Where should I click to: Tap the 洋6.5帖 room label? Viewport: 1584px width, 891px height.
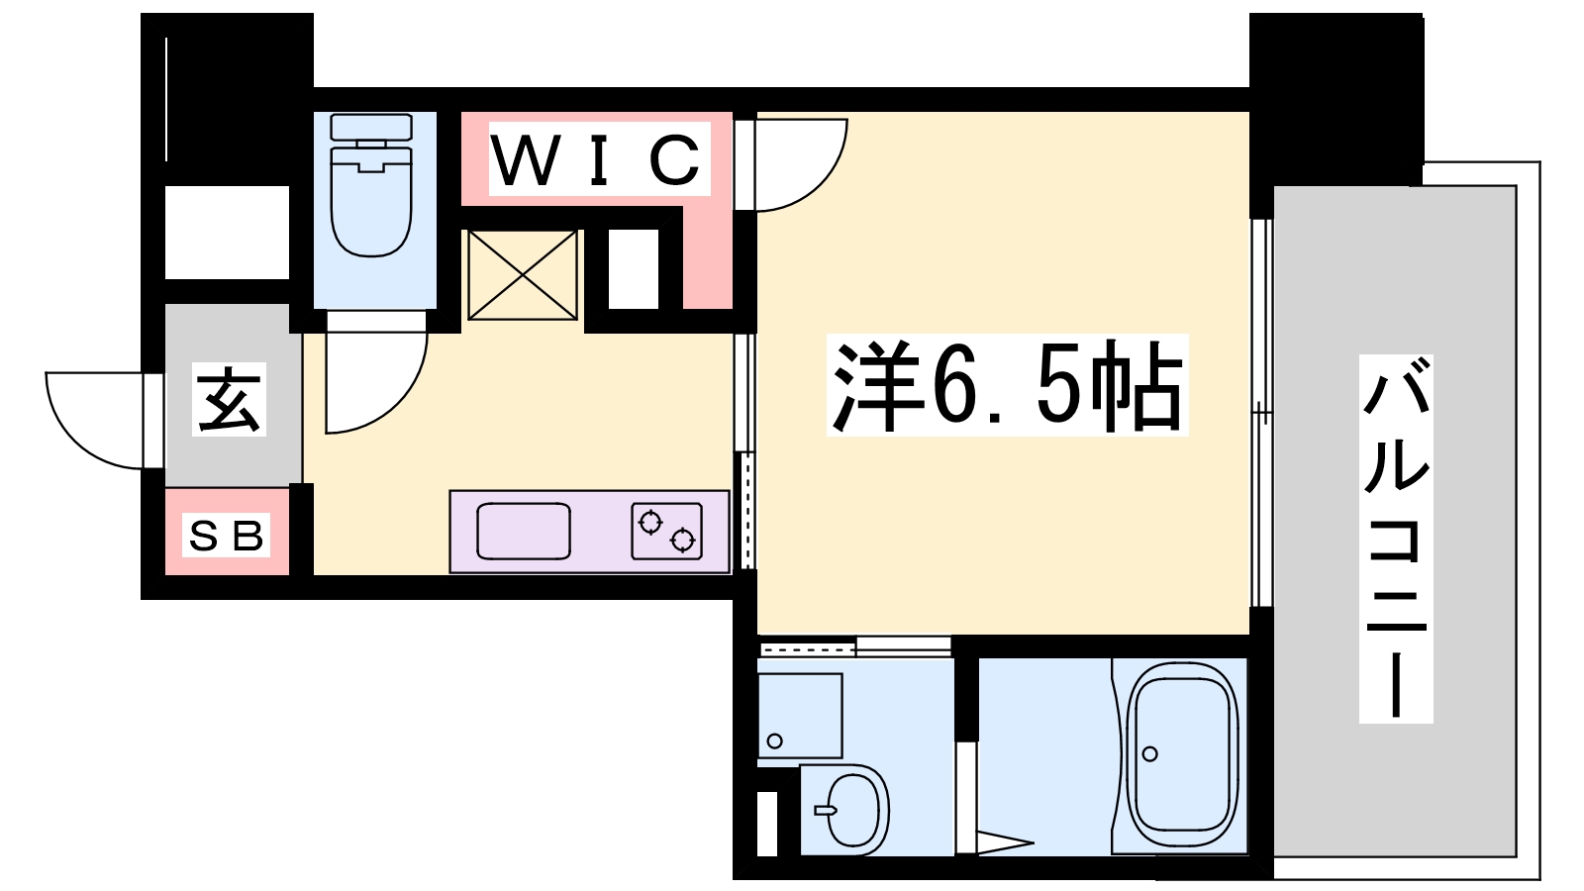(1007, 385)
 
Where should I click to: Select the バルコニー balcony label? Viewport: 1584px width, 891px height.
(1395, 539)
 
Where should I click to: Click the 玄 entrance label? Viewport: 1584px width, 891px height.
(229, 399)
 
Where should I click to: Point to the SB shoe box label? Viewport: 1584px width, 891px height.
(227, 536)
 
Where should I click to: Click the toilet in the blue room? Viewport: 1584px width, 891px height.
(371, 185)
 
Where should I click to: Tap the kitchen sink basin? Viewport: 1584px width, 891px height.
(524, 531)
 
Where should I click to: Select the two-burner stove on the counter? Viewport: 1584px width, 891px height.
(667, 531)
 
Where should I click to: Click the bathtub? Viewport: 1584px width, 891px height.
(1182, 756)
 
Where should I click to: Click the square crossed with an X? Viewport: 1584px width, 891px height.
(523, 275)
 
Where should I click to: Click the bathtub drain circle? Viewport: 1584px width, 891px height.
(1149, 753)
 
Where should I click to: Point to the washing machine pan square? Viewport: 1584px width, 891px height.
(800, 716)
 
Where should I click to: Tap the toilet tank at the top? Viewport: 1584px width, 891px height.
(371, 128)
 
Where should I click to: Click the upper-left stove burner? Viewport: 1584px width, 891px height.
(649, 523)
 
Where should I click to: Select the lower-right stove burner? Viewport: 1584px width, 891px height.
(682, 541)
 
